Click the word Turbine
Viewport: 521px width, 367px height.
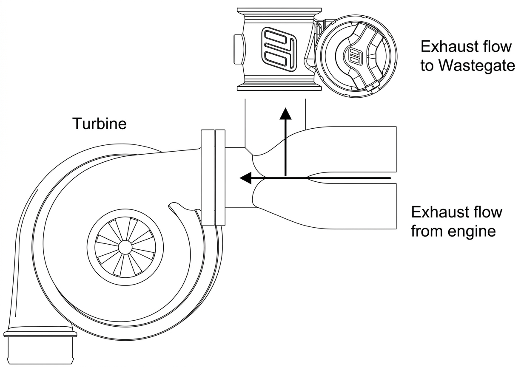pos(100,123)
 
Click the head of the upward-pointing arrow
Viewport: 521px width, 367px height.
pos(285,113)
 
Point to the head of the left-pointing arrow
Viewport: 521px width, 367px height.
pos(246,178)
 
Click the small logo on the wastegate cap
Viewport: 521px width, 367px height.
pos(354,56)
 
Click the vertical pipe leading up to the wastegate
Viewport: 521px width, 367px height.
pos(275,123)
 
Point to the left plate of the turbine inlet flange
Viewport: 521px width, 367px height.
pos(208,178)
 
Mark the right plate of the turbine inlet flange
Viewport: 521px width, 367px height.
pos(220,178)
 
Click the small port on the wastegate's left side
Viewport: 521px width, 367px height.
pos(239,49)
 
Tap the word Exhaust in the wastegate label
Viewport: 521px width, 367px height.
pos(445,46)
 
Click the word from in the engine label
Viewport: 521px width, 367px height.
pos(423,231)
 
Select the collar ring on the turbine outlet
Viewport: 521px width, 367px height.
pos(40,334)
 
